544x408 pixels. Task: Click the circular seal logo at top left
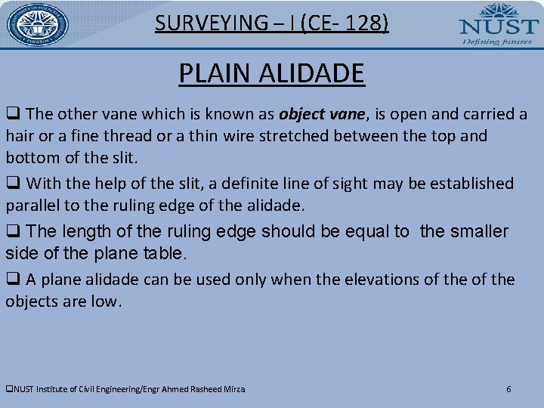point(38,24)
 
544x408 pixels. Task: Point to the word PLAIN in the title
point(215,74)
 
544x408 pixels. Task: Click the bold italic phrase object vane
point(321,114)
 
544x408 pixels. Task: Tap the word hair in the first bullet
point(20,137)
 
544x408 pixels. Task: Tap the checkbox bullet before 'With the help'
point(12,184)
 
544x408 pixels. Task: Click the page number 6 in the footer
point(508,389)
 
